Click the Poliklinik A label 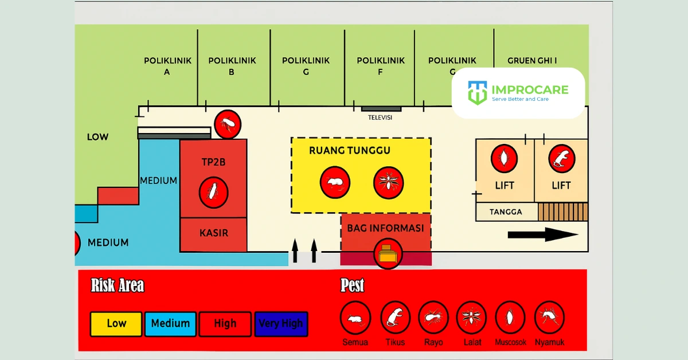coord(167,66)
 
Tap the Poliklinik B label coord(232,66)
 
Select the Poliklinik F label coord(381,66)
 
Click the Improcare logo coord(518,92)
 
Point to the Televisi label coord(380,118)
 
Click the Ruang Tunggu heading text coord(349,150)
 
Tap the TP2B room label coord(213,162)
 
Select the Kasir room coord(213,234)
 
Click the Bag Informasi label coord(385,228)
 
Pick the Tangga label coord(506,212)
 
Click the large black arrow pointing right coord(542,234)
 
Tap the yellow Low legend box coord(116,323)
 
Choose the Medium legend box coord(170,323)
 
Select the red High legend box coord(225,323)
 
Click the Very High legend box coord(281,323)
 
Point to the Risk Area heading coord(118,285)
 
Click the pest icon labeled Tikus coord(395,317)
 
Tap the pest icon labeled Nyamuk coord(549,317)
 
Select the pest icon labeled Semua coord(355,317)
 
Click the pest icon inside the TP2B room coord(213,192)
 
